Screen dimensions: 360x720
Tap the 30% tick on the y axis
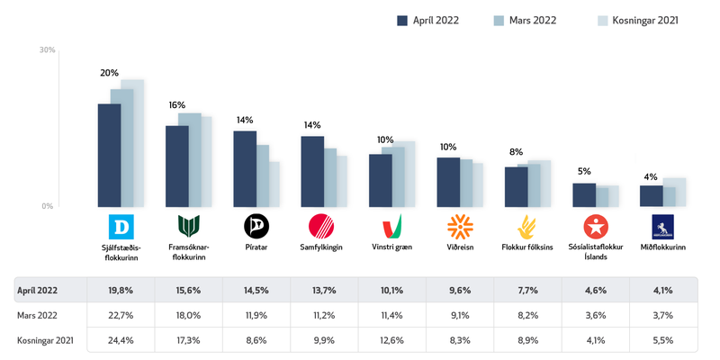[47, 50]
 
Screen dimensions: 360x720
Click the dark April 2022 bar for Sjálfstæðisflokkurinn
[109, 155]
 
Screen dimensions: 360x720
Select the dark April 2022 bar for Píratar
[244, 168]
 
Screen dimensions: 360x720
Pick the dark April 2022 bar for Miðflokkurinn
[650, 196]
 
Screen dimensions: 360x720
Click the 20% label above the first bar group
[109, 72]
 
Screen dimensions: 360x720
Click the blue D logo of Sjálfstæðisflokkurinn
[121, 225]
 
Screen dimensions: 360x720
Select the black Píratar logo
[256, 225]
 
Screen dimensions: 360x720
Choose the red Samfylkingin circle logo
[321, 225]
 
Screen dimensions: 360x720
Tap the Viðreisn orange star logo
[459, 225]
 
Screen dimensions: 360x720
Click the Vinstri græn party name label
[391, 247]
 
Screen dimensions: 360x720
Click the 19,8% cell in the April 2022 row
[121, 291]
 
